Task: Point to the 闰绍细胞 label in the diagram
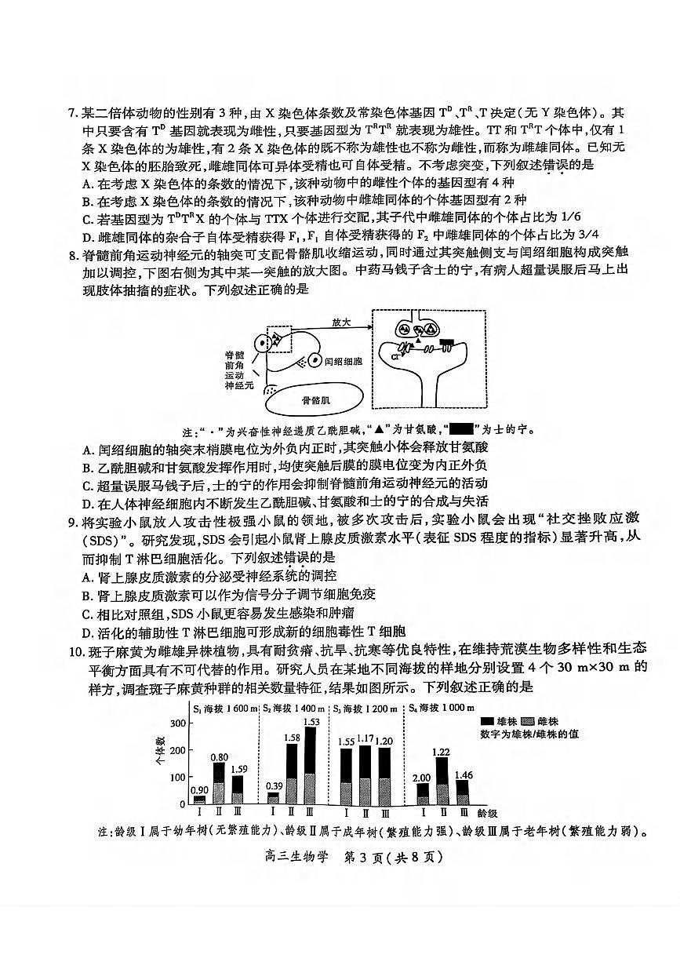pyautogui.click(x=346, y=361)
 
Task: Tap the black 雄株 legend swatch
pyautogui.click(x=487, y=721)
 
